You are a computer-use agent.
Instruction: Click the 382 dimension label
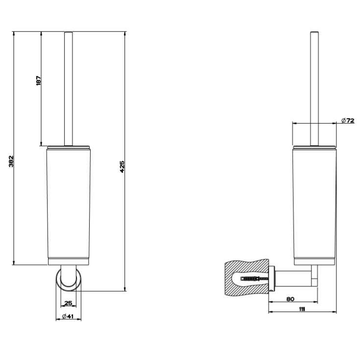[11, 161]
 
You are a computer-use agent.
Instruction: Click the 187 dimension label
[39, 80]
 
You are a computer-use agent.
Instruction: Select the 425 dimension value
[122, 166]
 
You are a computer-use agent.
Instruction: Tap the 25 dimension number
[68, 303]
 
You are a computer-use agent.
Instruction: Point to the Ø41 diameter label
[68, 316]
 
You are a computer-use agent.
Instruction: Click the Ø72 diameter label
[348, 120]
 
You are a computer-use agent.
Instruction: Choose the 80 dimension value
[290, 299]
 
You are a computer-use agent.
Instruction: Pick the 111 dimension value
[302, 309]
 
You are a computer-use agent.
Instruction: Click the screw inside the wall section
[255, 279]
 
